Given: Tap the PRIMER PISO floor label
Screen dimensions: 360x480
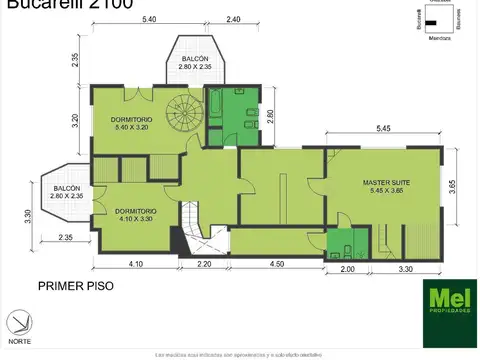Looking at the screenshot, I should click(75, 285).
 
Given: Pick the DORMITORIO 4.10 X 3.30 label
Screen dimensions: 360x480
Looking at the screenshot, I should click(134, 215).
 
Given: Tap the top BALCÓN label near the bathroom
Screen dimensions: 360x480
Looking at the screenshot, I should click(195, 63).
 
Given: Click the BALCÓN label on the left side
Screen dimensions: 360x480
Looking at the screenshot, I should click(67, 192).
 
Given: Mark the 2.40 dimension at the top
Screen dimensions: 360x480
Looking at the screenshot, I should click(233, 20).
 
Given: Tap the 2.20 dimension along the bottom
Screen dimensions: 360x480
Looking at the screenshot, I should click(205, 263).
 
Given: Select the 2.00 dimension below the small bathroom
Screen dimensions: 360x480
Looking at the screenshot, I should click(347, 270).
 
